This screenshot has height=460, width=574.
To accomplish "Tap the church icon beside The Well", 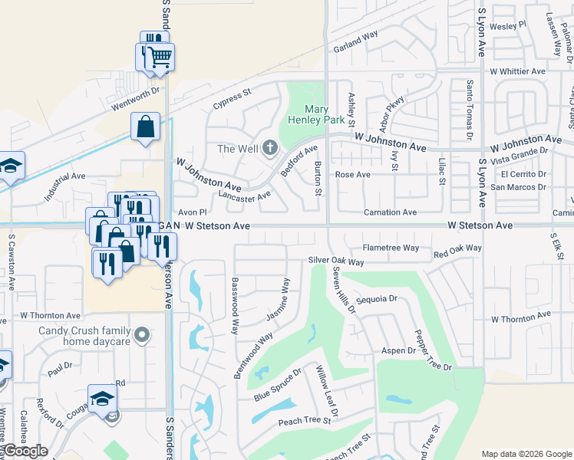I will click(x=269, y=148).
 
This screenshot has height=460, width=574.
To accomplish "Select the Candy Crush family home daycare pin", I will click(x=141, y=334).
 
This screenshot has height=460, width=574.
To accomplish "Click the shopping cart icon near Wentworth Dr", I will click(x=160, y=57).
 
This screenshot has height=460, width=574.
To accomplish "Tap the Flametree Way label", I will click(x=391, y=248).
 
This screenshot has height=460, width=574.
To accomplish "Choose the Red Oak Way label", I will click(x=457, y=250).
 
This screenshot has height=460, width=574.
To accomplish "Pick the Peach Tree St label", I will click(x=304, y=421).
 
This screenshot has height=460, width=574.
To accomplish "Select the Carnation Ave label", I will click(x=390, y=212).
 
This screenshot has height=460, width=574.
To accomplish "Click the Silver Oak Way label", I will click(x=335, y=261).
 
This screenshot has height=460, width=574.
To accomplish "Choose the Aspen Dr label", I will click(x=398, y=350).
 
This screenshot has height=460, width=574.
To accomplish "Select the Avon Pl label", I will click(x=192, y=212).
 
